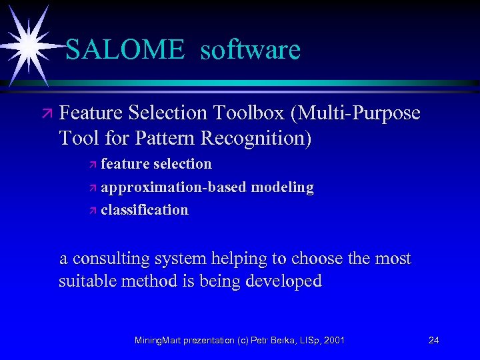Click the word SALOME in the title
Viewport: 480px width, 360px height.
125,49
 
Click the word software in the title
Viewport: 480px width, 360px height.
250,49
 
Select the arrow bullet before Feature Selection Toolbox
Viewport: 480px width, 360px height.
46,114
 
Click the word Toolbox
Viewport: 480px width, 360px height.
251,113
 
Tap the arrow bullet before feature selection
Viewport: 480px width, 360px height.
93,165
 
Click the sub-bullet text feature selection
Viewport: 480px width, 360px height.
156,164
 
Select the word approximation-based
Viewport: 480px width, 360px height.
173,187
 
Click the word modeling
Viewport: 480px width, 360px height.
282,187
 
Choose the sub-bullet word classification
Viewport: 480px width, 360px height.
145,210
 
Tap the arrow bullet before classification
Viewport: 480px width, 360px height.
93,211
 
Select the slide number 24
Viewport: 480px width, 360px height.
433,341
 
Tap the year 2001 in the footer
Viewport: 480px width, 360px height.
333,341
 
